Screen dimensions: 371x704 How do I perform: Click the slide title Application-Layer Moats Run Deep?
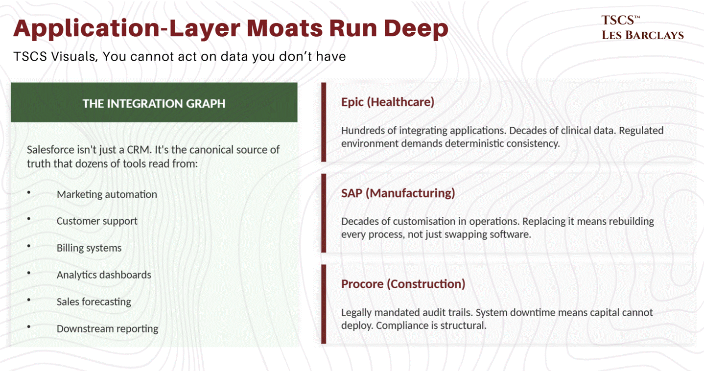point(231,29)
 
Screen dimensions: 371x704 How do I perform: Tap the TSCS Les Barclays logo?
point(642,28)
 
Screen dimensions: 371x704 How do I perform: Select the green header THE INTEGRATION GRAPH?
point(154,103)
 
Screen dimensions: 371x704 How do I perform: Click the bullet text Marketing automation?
point(107,194)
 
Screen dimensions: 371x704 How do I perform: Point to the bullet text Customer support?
point(97,221)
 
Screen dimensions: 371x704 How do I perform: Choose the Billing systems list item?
point(89,248)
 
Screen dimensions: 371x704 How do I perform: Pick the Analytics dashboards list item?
point(104,275)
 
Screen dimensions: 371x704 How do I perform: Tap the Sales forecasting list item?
point(94,302)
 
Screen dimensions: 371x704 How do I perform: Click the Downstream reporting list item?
point(107,329)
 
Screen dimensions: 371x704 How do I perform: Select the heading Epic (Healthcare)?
point(387,102)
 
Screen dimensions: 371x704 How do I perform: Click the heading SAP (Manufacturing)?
point(398,193)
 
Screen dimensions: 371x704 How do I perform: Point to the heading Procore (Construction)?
point(403,284)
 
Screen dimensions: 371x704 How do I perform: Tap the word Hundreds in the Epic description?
point(362,131)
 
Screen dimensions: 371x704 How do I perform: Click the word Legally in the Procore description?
point(356,312)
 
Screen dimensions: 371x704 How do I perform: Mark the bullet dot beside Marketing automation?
point(29,193)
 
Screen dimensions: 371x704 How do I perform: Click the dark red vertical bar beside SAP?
point(324,213)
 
